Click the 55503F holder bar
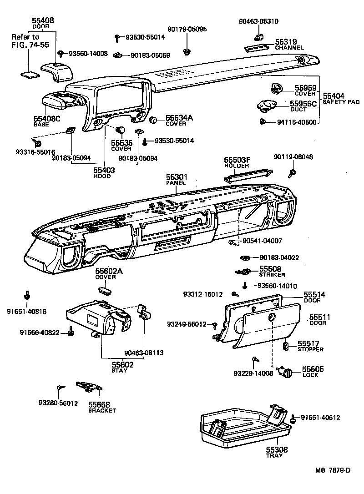click(x=248, y=175)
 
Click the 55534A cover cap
click(x=154, y=120)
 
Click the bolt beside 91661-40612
click(x=293, y=418)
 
